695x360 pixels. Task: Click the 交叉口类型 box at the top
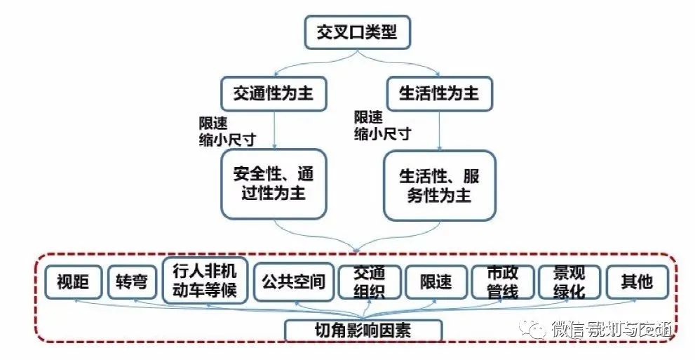tap(356, 32)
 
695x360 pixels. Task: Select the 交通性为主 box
tap(274, 93)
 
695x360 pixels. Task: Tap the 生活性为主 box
tap(439, 93)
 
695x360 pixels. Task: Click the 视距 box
tap(74, 283)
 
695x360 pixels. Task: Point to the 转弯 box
tap(133, 283)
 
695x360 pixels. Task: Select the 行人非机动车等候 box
tap(205, 280)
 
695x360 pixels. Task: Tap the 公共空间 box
tap(293, 282)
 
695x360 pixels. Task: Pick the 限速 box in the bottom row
tap(436, 283)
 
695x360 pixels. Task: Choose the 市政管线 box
tap(502, 282)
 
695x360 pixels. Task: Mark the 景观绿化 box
tap(569, 282)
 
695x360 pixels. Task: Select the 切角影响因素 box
tap(363, 330)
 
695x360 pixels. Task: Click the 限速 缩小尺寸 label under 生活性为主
tap(382, 125)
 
